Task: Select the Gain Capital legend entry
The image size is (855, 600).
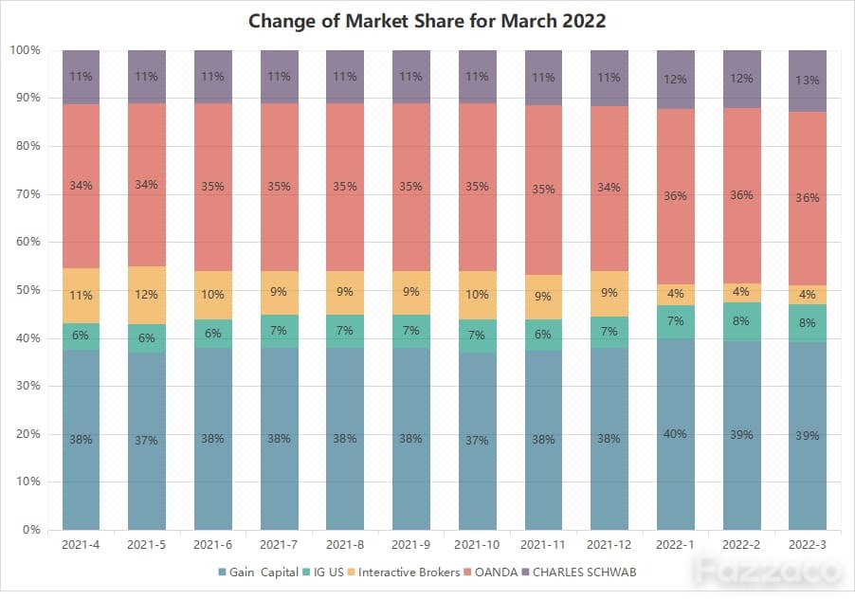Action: click(258, 573)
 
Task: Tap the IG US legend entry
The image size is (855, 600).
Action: click(323, 573)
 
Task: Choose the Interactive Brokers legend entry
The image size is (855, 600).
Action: click(404, 573)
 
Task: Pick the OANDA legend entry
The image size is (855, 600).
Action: click(491, 573)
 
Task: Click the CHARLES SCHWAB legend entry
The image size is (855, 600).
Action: click(579, 573)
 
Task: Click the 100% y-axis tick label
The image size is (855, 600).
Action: click(25, 50)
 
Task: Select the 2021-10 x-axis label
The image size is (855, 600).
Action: click(477, 544)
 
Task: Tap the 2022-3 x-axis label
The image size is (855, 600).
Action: click(808, 544)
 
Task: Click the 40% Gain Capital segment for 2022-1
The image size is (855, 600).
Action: click(676, 434)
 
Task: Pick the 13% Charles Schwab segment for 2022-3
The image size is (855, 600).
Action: click(808, 82)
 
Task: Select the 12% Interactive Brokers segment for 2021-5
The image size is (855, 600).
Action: click(147, 296)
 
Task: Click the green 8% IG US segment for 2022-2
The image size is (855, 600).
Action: click(741, 322)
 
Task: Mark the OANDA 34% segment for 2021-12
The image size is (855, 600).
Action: click(609, 189)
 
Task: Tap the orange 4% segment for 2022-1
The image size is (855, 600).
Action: click(676, 295)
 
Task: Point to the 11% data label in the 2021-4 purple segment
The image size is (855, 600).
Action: click(81, 77)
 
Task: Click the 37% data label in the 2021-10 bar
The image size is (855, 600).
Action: click(477, 440)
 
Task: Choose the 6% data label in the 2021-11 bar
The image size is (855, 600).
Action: click(542, 335)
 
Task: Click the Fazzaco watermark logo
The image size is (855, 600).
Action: click(770, 572)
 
